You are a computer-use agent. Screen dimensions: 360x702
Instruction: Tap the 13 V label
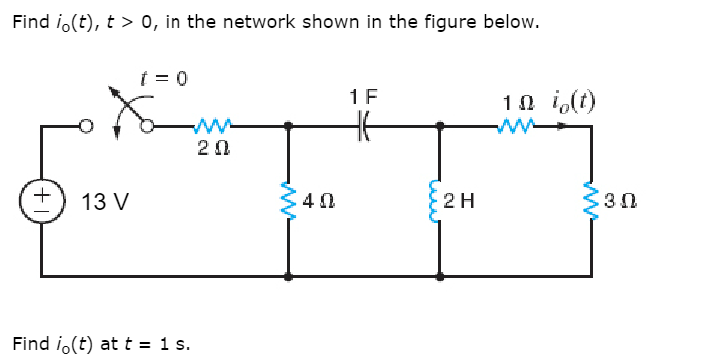[104, 202]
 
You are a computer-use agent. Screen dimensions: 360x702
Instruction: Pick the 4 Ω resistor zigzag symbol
[289, 201]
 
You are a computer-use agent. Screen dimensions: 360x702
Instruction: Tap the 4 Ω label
[319, 202]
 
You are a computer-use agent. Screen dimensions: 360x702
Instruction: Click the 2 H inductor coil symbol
[441, 201]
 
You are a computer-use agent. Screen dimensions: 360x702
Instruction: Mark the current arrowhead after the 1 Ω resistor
[566, 126]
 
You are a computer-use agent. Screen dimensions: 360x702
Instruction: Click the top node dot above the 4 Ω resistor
[289, 127]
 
